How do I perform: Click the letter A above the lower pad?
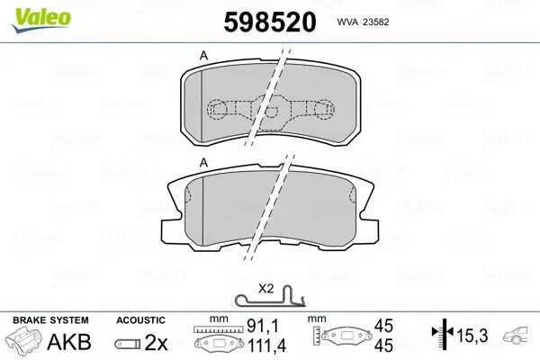click(x=204, y=162)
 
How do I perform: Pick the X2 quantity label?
click(x=266, y=289)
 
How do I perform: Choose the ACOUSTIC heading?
click(x=140, y=320)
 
